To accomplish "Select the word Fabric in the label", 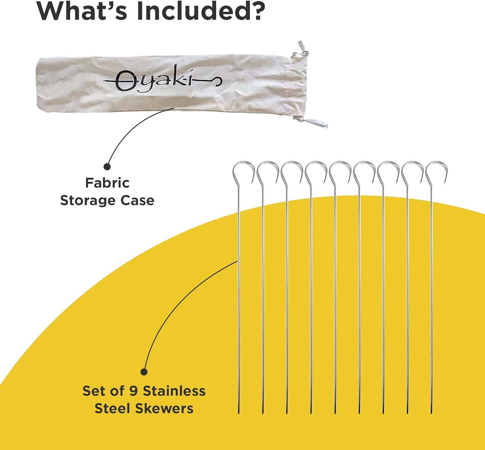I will pos(107,183).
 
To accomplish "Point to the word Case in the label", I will pos(137,201).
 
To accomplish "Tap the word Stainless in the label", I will pos(174,391).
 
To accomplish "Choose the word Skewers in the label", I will pos(164,409).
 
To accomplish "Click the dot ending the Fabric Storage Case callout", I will pos(107,166).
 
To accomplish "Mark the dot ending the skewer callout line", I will pos(144,372).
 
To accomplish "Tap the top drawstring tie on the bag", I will pos(301,49).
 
